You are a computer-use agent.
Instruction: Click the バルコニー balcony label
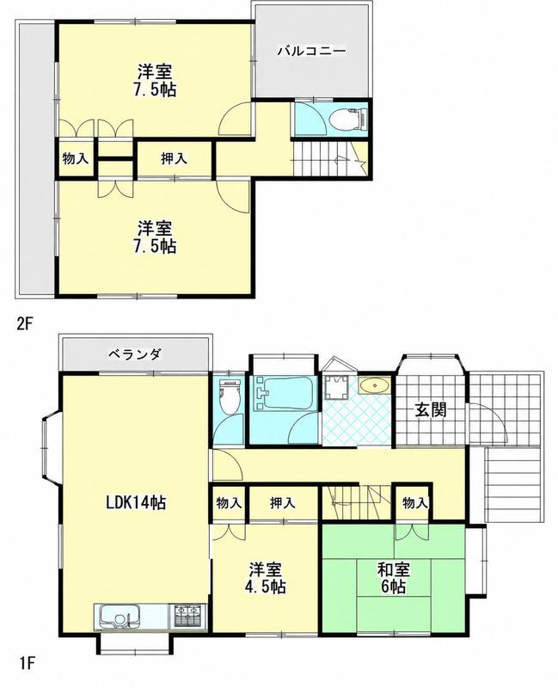click(311, 52)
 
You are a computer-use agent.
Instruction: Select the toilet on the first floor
click(230, 396)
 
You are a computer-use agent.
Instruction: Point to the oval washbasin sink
click(374, 385)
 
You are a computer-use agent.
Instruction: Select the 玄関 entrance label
click(432, 410)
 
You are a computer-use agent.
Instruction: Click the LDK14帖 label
click(136, 501)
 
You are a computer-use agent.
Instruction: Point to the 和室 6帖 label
click(394, 578)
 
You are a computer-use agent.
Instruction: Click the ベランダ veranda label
click(135, 353)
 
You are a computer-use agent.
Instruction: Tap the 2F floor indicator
click(26, 324)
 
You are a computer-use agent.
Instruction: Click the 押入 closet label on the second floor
click(175, 159)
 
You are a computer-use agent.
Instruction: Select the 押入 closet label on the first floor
click(283, 503)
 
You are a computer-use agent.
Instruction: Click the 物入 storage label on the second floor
click(76, 158)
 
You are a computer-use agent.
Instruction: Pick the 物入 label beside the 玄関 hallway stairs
click(415, 503)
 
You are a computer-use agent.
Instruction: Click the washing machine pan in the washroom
click(336, 389)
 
